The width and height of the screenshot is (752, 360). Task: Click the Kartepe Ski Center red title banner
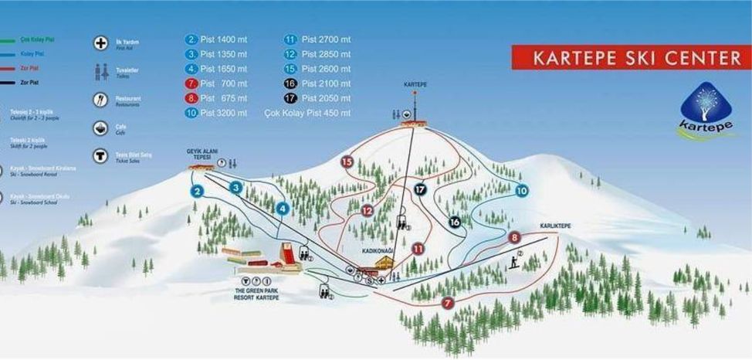coord(631,57)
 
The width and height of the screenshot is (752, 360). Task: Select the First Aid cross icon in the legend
coord(100,43)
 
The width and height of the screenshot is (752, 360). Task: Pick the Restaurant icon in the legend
coord(100,100)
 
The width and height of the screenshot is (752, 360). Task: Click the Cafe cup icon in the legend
coord(100,128)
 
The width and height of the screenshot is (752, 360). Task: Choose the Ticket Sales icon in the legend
coord(100,156)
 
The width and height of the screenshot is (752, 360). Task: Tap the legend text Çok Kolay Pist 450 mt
coord(318,113)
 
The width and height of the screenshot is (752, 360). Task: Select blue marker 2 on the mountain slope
coord(198,192)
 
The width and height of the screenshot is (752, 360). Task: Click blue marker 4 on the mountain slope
coord(283,208)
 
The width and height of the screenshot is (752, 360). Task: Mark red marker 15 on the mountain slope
coord(347,161)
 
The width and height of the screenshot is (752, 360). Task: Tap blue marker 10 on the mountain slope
coord(521,191)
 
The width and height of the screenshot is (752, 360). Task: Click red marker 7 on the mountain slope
coord(448,304)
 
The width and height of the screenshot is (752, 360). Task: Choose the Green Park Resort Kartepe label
coord(256,294)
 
